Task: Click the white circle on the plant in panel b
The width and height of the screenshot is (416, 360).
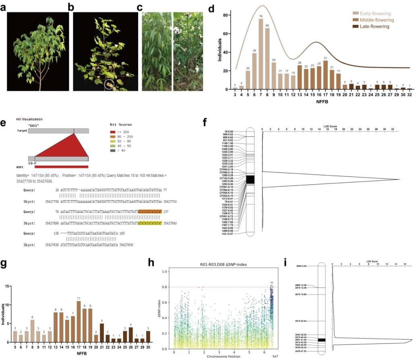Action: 108,84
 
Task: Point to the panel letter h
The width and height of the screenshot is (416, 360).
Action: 151,263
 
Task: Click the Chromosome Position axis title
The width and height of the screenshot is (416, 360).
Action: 224,356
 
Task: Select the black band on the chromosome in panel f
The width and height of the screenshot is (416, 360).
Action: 250,179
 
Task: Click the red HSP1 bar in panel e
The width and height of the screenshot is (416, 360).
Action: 61,166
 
